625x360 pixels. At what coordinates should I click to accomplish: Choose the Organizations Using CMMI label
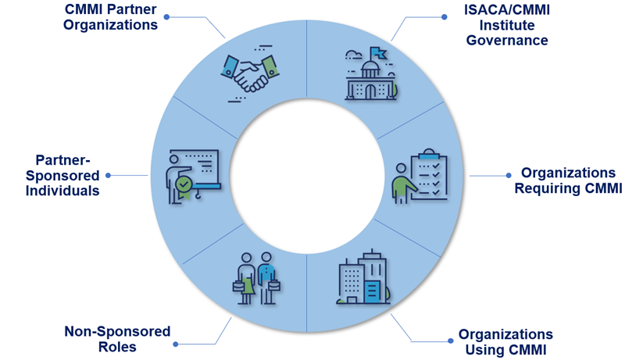point(505,342)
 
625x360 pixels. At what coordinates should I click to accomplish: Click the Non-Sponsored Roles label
point(117,339)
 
